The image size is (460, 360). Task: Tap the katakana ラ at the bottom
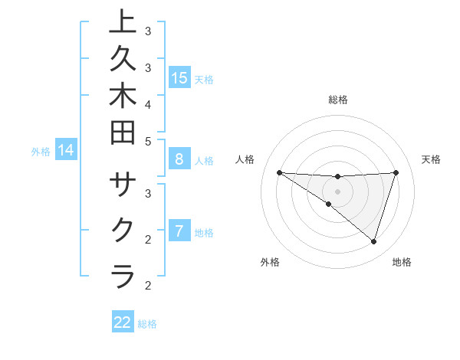(x=123, y=275)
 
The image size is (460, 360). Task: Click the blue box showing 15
(x=179, y=77)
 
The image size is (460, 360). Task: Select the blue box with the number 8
(x=179, y=159)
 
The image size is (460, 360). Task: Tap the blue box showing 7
(x=179, y=231)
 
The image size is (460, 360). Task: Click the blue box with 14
(x=66, y=150)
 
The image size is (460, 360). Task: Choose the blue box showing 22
(x=123, y=322)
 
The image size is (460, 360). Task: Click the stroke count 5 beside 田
(x=148, y=141)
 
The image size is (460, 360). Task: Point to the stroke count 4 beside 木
(x=148, y=103)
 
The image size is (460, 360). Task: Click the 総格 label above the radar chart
(x=338, y=100)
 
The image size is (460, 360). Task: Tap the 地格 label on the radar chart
(x=402, y=262)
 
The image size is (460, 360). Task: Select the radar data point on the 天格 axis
(x=396, y=172)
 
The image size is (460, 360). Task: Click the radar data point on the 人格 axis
(x=279, y=172)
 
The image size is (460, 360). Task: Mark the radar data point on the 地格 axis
(x=373, y=241)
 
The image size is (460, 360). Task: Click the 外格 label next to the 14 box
(x=41, y=152)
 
